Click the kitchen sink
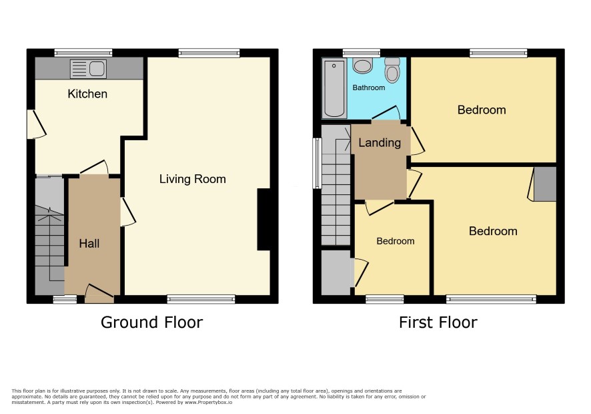coord(88,69)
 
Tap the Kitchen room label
coord(87,94)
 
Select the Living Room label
coord(193,179)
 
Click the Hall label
coord(89,244)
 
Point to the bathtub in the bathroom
coord(334,89)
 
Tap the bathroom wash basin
coord(363,65)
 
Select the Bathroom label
coord(369,87)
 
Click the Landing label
coord(380,143)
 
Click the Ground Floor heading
coord(152,323)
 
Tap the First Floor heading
coord(438,323)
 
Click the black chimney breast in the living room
coord(264,219)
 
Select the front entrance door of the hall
coord(99,293)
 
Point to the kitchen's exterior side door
coord(36,124)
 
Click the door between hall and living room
coord(128,212)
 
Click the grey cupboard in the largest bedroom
coord(545,184)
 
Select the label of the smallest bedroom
coord(396,241)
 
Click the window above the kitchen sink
coord(83,53)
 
